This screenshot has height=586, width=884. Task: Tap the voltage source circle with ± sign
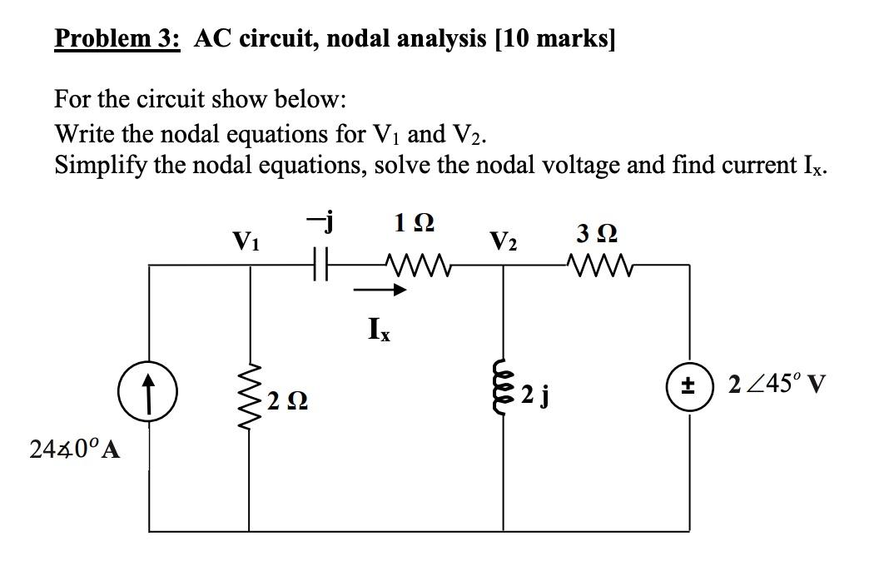tap(690, 386)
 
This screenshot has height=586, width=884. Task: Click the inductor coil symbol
tap(503, 390)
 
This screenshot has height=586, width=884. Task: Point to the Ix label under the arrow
tap(375, 330)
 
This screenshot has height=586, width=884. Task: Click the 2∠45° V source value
tap(777, 386)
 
